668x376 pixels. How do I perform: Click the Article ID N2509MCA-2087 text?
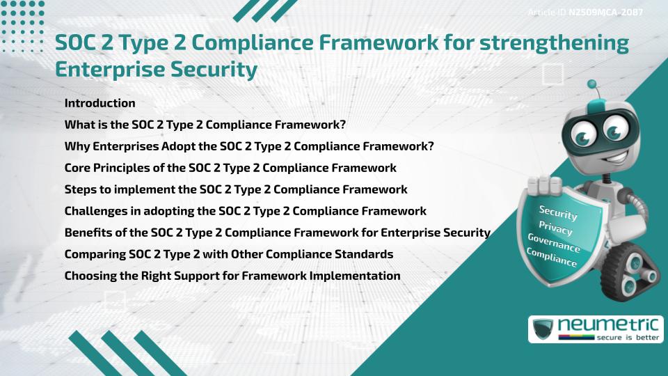click(x=584, y=13)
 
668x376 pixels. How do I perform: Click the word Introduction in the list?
click(x=100, y=103)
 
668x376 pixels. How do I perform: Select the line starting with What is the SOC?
click(x=205, y=125)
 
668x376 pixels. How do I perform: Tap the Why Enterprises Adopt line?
click(x=249, y=146)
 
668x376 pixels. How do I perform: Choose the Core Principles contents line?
click(x=230, y=168)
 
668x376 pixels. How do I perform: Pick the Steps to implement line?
click(x=236, y=189)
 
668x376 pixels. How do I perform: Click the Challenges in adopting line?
click(x=245, y=211)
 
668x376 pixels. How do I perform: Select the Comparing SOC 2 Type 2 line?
click(x=229, y=254)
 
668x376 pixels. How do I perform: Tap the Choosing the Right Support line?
click(x=232, y=276)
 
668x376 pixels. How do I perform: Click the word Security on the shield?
click(x=558, y=213)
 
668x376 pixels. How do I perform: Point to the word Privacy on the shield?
click(x=555, y=228)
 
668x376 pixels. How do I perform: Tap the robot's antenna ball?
click(x=593, y=86)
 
